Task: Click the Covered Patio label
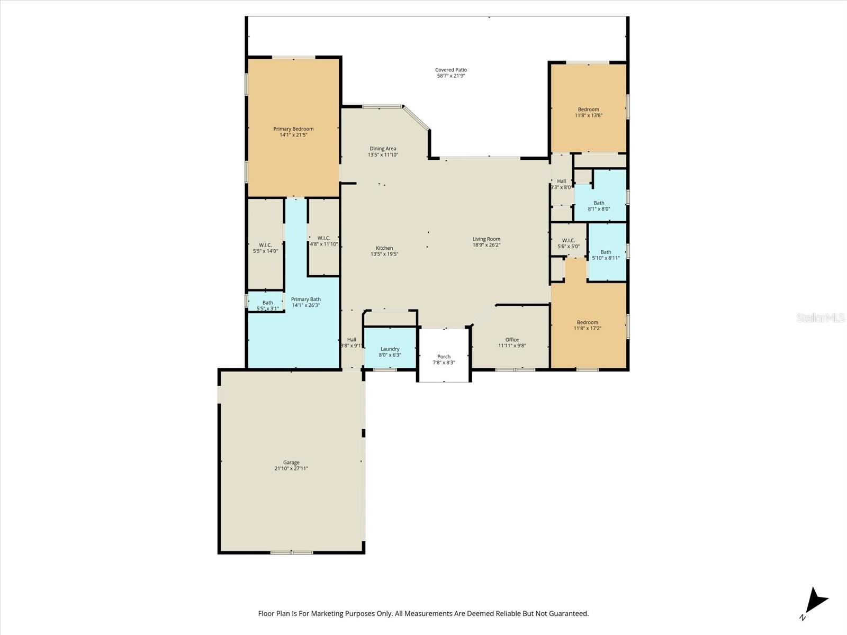coord(451,70)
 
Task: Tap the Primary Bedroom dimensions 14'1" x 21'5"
coord(293,135)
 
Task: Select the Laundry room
coord(390,349)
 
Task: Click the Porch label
coord(444,357)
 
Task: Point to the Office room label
coord(512,340)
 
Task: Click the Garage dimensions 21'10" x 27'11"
coord(291,468)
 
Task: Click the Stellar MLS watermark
coord(821,317)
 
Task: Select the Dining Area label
coord(383,149)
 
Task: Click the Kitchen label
coord(384,248)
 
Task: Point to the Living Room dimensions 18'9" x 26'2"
coord(486,245)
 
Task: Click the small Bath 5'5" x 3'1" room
coord(267,305)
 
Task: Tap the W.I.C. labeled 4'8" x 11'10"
coord(323,241)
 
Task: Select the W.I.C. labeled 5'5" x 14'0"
coord(265,248)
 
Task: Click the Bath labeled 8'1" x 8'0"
coord(599,206)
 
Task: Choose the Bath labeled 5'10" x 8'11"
coord(606,255)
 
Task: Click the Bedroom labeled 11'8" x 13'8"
coord(588,112)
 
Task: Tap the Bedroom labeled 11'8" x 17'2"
coord(587,325)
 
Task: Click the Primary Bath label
coord(305,300)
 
